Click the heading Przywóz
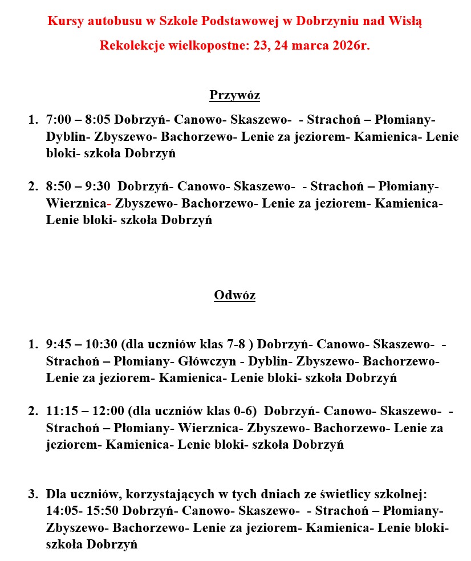point(234,95)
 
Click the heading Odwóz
point(234,295)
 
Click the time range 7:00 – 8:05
point(79,120)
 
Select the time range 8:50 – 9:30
point(79,186)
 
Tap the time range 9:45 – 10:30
point(82,344)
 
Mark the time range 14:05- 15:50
point(83,510)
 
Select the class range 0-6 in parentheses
point(246,411)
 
